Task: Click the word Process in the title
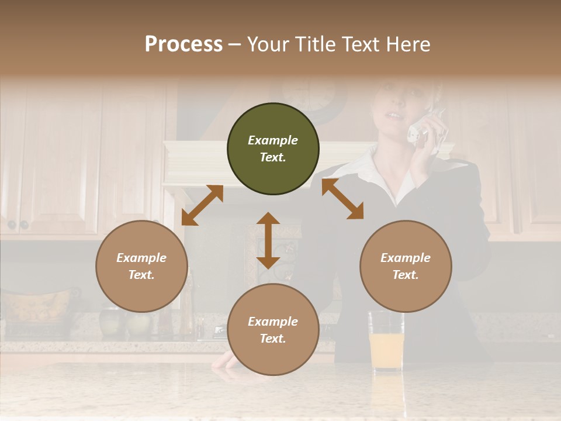[x=183, y=44]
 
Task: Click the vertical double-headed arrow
[x=268, y=240]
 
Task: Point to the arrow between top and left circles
[x=202, y=205]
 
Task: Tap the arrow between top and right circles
[x=342, y=199]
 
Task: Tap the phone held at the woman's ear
[x=424, y=129]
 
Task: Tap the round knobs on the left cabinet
[x=18, y=225]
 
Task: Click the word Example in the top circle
[x=273, y=140]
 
